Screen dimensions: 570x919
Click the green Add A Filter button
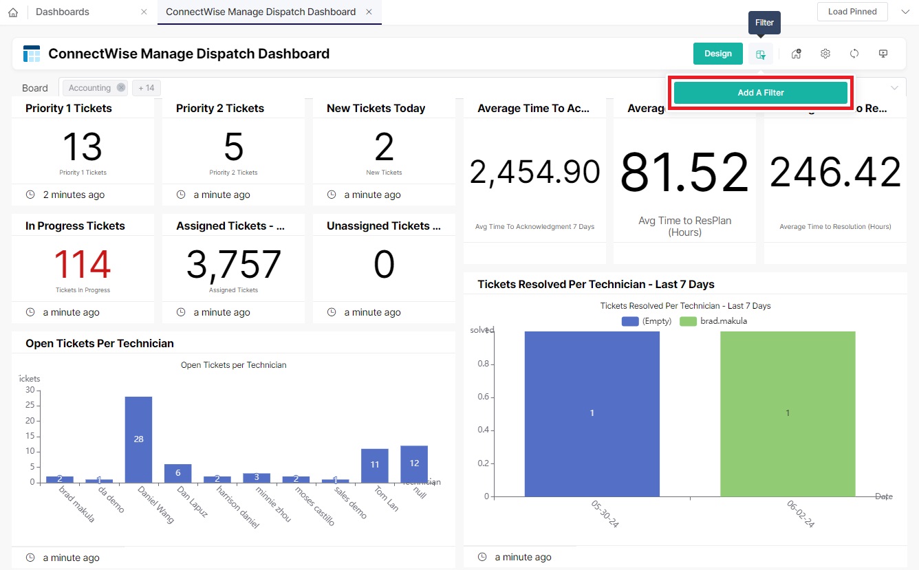760,93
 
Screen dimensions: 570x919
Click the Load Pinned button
852,12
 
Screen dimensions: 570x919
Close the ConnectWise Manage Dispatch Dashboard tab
369,12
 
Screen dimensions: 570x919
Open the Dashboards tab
63,12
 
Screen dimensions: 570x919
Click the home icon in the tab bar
13,12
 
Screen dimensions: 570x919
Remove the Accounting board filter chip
121,88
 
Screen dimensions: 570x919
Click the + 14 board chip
146,88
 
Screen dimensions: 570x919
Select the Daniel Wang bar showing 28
138,439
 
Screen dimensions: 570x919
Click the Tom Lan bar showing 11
375,465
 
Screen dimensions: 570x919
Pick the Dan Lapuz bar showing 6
177,473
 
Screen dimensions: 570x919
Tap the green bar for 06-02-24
788,413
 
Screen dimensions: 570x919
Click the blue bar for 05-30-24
592,413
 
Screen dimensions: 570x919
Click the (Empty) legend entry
647,321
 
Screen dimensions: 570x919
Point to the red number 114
83,265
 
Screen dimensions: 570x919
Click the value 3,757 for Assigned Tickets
233,265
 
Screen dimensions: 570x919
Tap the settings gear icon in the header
825,54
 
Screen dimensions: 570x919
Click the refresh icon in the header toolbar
854,54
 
